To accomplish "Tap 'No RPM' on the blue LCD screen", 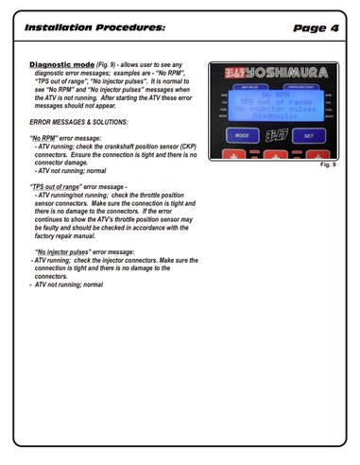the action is point(276,95).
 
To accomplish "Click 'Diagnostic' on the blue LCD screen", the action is point(276,118).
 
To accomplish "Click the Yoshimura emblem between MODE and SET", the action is point(276,135).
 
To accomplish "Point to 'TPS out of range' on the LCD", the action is point(276,103).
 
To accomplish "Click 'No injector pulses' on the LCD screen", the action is point(276,111).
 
